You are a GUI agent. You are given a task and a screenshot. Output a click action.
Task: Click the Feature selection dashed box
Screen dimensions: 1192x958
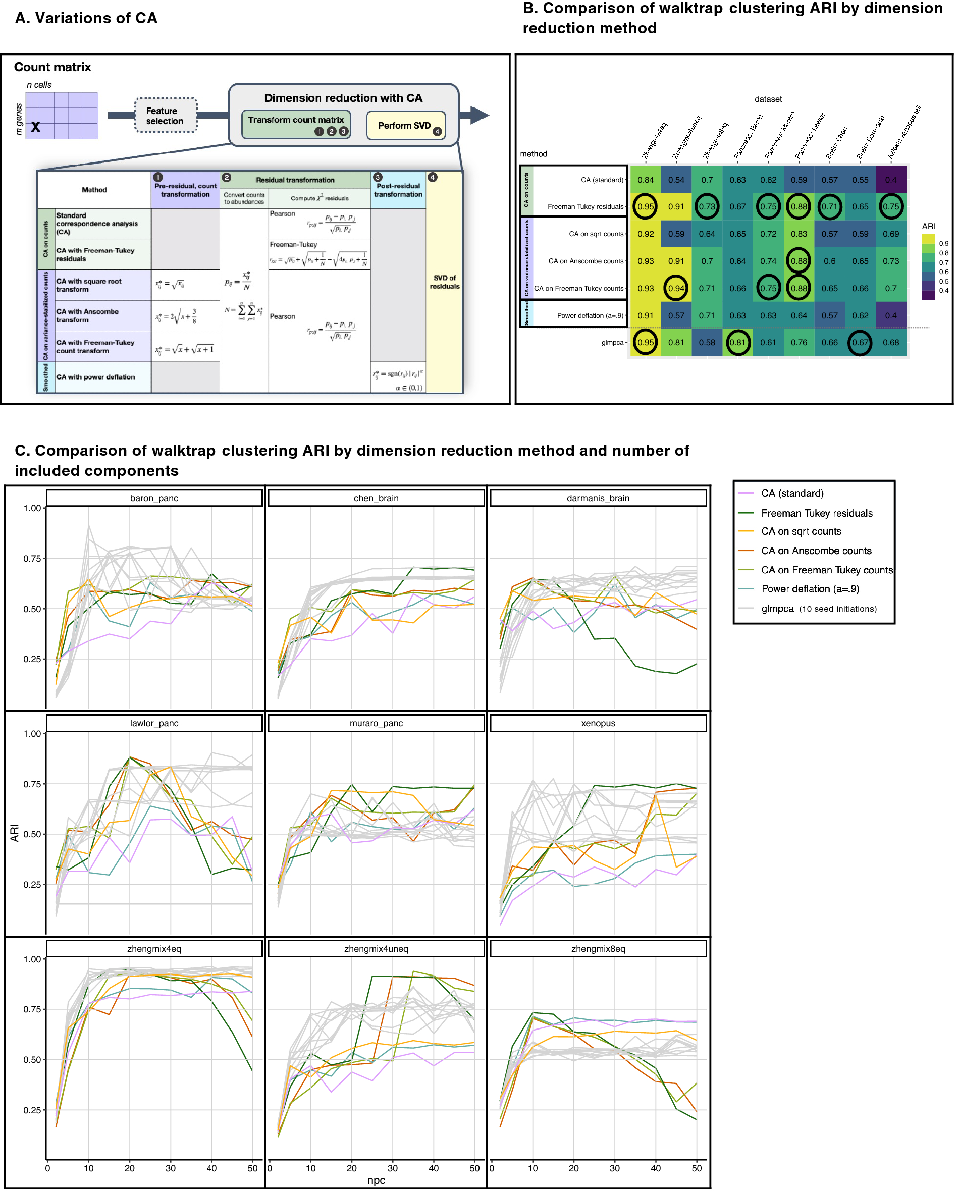click(x=166, y=116)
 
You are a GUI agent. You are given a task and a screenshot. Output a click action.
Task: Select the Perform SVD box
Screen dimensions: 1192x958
click(x=405, y=126)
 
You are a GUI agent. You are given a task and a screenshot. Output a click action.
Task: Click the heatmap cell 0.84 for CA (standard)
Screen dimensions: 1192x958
click(x=645, y=180)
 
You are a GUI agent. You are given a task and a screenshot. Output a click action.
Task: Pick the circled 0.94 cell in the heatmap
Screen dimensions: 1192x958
click(x=676, y=288)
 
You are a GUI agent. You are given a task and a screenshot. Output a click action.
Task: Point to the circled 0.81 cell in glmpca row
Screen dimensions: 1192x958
click(x=737, y=342)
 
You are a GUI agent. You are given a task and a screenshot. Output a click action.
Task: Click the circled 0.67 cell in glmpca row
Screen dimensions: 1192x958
click(x=860, y=342)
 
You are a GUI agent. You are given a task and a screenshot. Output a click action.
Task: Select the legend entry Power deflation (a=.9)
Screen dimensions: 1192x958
click(x=809, y=589)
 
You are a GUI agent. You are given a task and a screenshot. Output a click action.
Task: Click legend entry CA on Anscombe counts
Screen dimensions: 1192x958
click(x=815, y=551)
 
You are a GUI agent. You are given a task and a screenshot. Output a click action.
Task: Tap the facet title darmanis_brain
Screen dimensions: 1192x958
click(x=598, y=498)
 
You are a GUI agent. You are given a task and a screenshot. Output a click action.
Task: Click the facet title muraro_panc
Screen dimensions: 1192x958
click(x=376, y=723)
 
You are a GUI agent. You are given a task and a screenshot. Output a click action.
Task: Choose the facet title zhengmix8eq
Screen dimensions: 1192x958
click(x=598, y=949)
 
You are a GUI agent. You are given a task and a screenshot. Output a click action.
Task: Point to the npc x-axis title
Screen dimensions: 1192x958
click(x=376, y=1180)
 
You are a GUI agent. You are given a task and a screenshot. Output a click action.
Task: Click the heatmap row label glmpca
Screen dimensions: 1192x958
click(x=612, y=342)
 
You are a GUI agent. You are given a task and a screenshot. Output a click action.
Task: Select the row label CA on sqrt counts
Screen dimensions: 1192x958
click(x=596, y=234)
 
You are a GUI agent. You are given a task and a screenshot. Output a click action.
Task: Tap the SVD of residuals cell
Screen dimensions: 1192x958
click(x=444, y=282)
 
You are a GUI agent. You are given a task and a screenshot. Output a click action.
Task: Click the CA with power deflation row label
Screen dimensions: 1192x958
click(x=96, y=377)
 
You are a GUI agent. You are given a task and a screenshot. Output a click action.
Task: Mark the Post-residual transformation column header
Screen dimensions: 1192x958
click(x=398, y=190)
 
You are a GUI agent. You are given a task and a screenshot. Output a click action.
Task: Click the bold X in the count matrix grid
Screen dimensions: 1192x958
click(x=35, y=127)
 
